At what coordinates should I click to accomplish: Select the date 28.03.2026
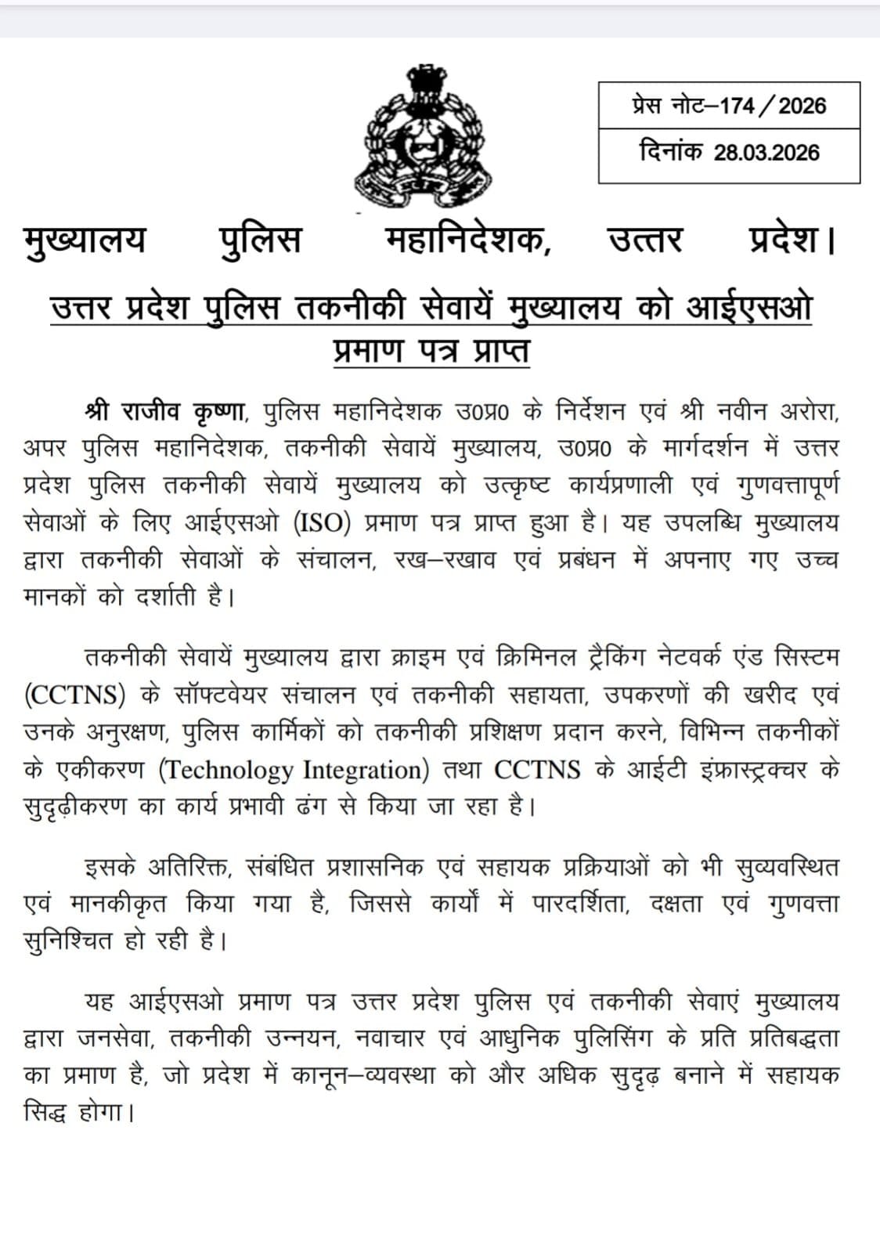(x=766, y=153)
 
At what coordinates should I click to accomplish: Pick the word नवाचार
(x=390, y=1038)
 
